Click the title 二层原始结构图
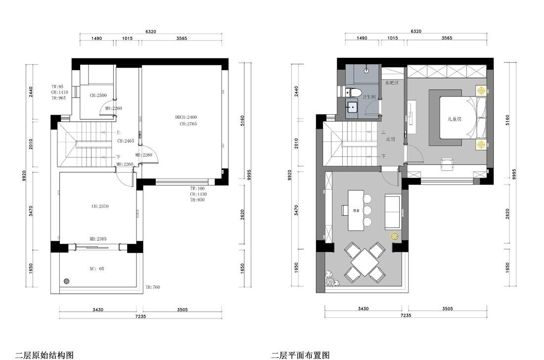point(45,355)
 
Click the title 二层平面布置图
point(300,355)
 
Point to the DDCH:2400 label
point(186,117)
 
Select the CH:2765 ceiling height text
point(188,124)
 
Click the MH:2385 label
point(98,239)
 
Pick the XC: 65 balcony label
point(97,269)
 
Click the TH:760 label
point(153,287)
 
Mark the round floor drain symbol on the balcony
point(67,281)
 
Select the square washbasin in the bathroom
point(353,107)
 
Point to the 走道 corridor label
point(391,139)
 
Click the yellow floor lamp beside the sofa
point(395,236)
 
